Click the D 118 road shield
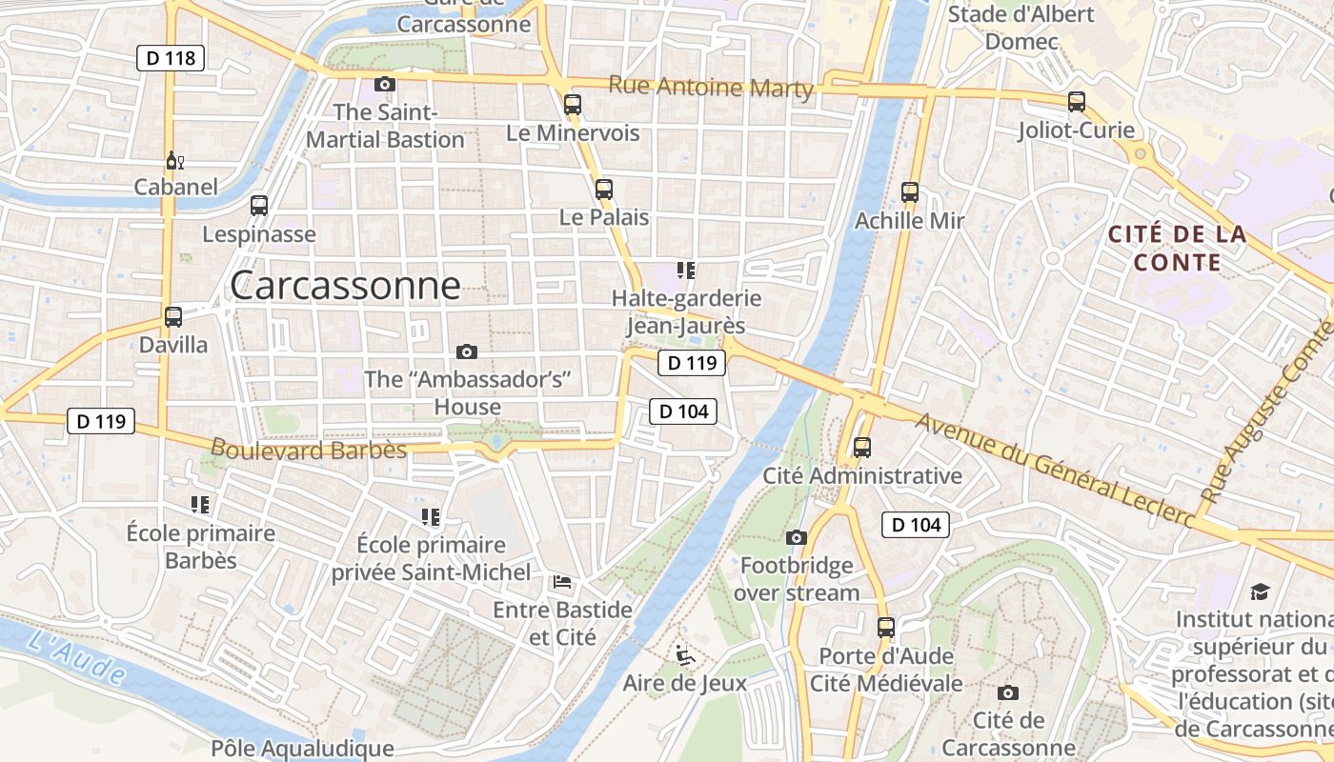tap(171, 58)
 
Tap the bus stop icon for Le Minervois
tap(572, 104)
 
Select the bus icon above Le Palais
tap(603, 189)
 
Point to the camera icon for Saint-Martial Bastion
tap(385, 84)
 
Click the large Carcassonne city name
tap(345, 285)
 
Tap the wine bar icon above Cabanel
tap(175, 160)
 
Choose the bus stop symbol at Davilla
tap(173, 317)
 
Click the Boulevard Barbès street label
tap(308, 450)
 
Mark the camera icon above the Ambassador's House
tap(467, 351)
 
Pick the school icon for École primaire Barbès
tap(200, 504)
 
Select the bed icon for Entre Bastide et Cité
tap(562, 581)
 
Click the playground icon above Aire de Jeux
tap(684, 655)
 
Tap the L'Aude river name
tap(76, 656)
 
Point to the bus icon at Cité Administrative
tap(862, 447)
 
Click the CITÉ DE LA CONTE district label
tap(1177, 248)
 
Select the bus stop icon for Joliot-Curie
tap(1077, 101)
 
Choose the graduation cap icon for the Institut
tap(1260, 592)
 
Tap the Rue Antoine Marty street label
tap(711, 88)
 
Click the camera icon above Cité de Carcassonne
tap(1008, 692)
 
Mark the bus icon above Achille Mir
tap(910, 192)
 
